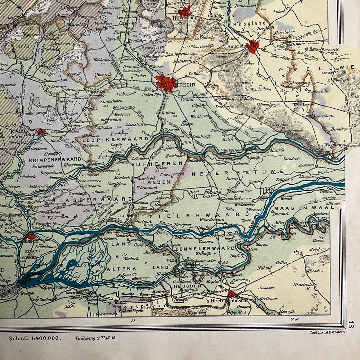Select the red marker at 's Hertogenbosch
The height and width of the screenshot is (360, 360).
click(x=232, y=294)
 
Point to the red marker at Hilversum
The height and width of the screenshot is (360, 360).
click(x=185, y=11)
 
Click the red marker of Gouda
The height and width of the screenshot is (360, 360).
click(x=41, y=131)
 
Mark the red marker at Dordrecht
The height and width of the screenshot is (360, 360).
click(x=31, y=236)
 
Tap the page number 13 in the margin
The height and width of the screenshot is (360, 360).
click(x=351, y=324)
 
